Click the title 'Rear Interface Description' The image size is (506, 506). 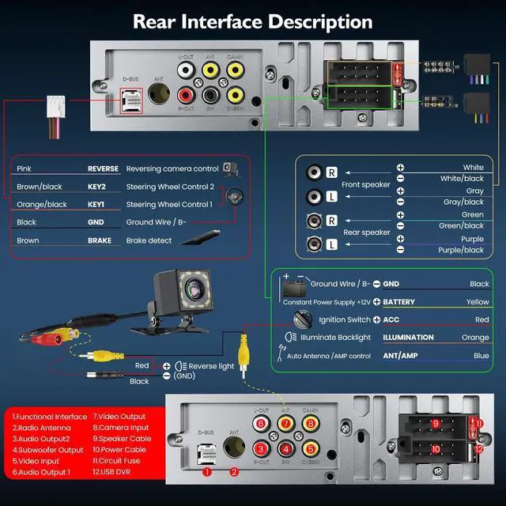(252, 21)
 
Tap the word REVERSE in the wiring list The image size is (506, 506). (103, 168)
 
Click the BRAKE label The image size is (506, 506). (99, 240)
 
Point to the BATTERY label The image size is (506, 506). (404, 301)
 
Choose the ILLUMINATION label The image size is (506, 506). (409, 338)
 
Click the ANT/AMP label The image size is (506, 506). (401, 356)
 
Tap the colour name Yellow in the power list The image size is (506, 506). (478, 301)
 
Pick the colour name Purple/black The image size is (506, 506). (463, 250)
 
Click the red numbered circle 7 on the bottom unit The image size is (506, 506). (286, 424)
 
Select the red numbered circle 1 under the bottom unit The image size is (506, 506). (206, 472)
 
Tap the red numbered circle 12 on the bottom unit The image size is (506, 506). (478, 449)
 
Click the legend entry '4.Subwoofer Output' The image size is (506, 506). (47, 450)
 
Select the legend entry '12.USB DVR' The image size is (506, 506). (119, 472)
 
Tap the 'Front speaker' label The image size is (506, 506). (366, 185)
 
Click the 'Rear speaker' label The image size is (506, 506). (366, 232)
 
